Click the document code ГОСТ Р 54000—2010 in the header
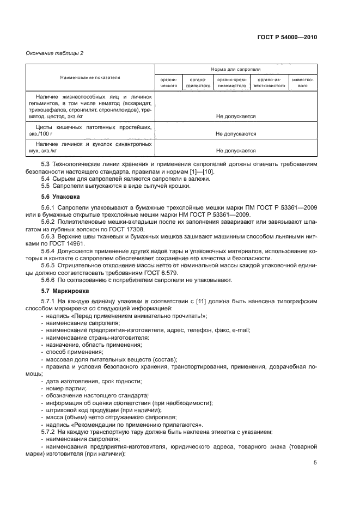click(x=286, y=37)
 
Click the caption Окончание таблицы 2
click(x=54, y=53)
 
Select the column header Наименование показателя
click(x=90, y=78)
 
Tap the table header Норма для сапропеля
click(x=236, y=70)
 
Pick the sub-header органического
click(x=169, y=82)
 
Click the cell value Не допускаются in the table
click(x=236, y=133)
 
